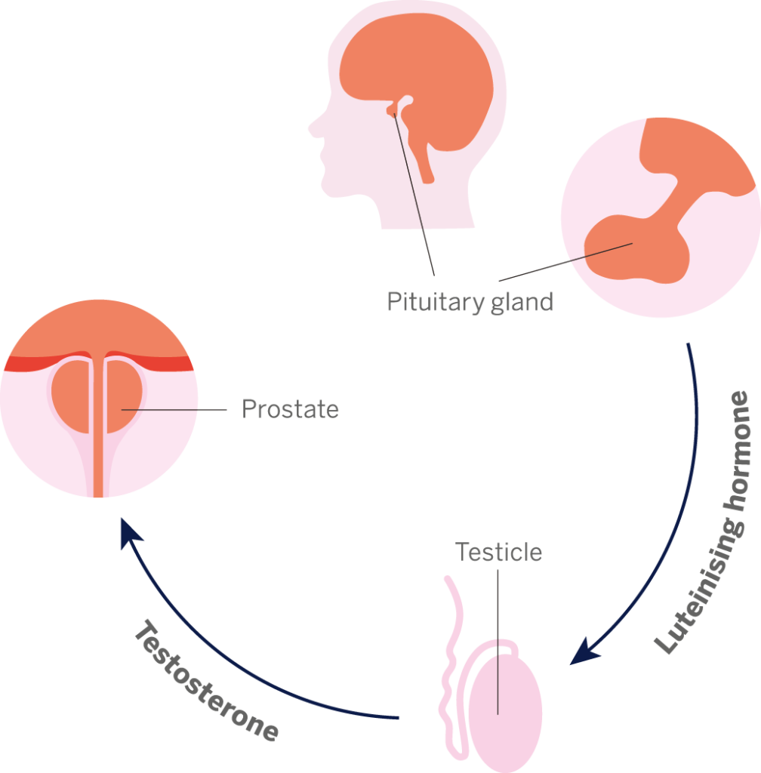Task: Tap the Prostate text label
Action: click(290, 410)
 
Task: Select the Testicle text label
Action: click(499, 552)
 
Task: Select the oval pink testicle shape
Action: click(504, 710)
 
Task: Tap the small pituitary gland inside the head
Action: click(392, 112)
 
